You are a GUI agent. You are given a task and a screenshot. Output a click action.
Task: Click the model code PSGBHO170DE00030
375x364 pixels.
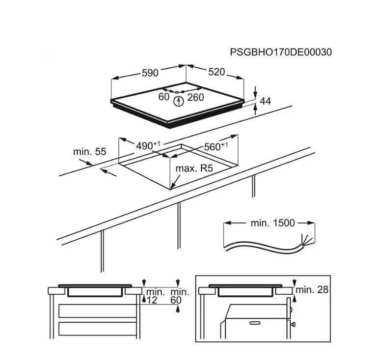click(x=281, y=52)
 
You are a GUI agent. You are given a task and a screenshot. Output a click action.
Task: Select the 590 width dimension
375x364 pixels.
click(x=150, y=73)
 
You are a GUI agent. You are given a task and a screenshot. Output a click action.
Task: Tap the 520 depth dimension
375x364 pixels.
click(x=216, y=72)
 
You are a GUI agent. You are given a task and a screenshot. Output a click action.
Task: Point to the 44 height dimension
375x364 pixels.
click(x=265, y=101)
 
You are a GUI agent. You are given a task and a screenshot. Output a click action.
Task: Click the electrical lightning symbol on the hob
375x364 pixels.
click(x=178, y=102)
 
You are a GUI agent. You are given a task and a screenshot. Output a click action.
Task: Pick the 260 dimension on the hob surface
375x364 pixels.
click(x=196, y=97)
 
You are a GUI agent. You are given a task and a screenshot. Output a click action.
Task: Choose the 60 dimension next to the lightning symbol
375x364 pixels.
click(x=164, y=97)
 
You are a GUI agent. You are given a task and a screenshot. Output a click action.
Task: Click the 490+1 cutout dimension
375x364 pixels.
click(x=148, y=145)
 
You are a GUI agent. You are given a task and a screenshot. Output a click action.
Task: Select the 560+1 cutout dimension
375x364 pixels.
click(x=215, y=146)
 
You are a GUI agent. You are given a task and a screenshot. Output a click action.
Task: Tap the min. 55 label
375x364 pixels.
click(x=89, y=152)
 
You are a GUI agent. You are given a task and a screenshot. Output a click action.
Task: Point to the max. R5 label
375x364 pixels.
click(x=194, y=168)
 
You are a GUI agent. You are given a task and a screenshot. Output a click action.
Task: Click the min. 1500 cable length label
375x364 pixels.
click(x=272, y=223)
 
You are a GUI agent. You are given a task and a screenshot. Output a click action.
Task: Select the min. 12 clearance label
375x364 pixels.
click(x=154, y=296)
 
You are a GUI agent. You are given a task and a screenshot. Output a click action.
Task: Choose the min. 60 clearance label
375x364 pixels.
click(x=179, y=296)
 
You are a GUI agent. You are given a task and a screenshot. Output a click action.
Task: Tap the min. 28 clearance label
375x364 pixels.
click(x=312, y=290)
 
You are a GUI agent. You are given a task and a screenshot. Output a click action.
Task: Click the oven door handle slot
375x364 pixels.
click(x=255, y=323)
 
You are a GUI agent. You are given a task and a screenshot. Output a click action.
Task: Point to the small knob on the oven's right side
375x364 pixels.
click(x=293, y=325)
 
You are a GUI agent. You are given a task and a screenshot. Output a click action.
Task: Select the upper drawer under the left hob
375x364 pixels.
click(x=97, y=311)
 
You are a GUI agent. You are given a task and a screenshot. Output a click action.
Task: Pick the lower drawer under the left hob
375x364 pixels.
click(x=97, y=329)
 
